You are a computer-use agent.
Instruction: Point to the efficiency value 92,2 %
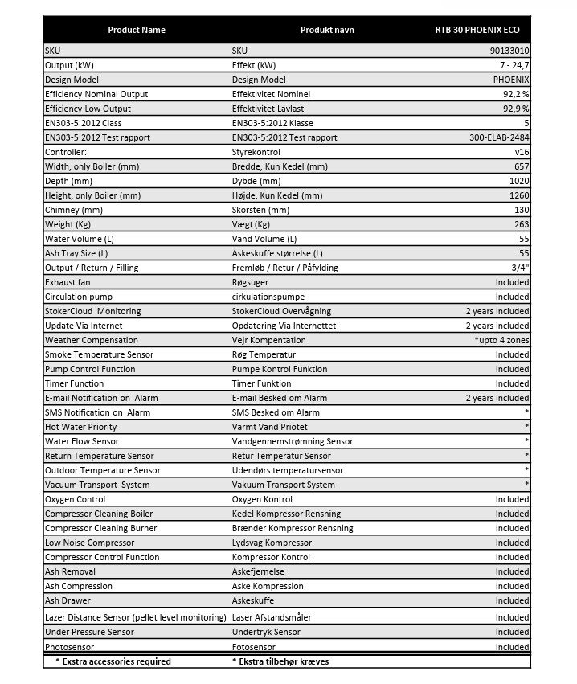(x=516, y=94)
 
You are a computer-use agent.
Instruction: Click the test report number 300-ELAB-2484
(x=499, y=137)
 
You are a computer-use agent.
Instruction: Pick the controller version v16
(x=522, y=152)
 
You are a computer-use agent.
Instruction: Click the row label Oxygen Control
(x=75, y=499)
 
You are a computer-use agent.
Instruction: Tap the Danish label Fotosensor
(x=253, y=646)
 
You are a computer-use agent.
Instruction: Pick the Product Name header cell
(x=137, y=30)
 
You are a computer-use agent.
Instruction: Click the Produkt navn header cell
(x=326, y=30)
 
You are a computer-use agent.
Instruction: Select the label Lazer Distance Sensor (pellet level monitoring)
(x=135, y=616)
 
